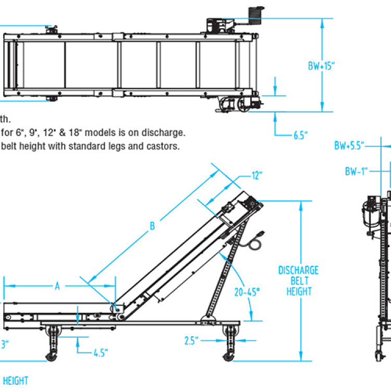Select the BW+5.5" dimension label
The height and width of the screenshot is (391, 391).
[x=349, y=145]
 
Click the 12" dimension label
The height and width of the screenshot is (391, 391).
[x=255, y=176]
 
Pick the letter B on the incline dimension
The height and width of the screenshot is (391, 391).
[x=152, y=226]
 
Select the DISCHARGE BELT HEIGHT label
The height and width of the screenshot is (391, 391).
[x=298, y=281]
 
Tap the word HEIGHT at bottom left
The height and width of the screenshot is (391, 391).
[x=16, y=381]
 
